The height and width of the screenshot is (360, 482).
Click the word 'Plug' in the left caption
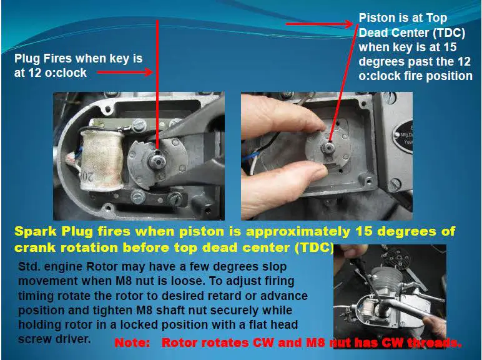click(27, 59)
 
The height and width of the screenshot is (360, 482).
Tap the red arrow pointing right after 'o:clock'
click(125, 72)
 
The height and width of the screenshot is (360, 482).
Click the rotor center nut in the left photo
click(157, 160)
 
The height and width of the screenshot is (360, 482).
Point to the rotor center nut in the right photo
click(328, 148)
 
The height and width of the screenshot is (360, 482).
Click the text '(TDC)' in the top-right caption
click(449, 32)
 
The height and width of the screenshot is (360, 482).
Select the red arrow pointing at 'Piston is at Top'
click(320, 24)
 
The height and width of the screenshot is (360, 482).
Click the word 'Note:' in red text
click(132, 342)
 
